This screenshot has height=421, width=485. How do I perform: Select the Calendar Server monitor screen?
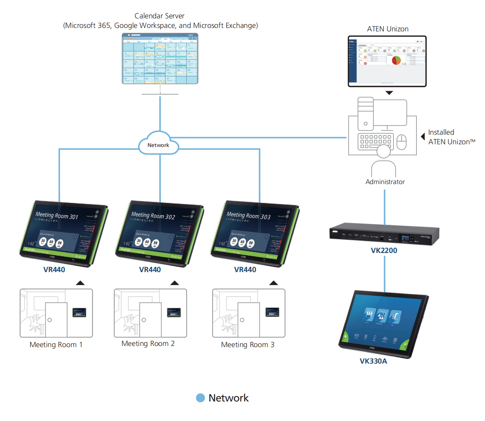click(x=160, y=59)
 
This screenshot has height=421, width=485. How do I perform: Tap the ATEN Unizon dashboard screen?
click(x=387, y=61)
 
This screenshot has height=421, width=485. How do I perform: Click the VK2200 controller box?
click(x=384, y=233)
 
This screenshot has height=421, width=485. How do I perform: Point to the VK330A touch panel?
click(x=383, y=325)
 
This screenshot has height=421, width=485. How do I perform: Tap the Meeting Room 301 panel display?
click(x=64, y=233)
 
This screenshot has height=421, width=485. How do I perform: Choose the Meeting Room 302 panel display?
click(x=159, y=233)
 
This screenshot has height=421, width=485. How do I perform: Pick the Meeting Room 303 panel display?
click(x=255, y=233)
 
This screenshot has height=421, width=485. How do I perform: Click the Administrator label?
click(x=385, y=182)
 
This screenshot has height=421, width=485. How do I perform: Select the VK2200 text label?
click(x=384, y=250)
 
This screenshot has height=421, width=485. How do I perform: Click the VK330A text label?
click(x=373, y=361)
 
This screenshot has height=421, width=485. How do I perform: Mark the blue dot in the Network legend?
click(x=200, y=398)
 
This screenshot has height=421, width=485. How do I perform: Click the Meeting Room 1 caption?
click(x=56, y=344)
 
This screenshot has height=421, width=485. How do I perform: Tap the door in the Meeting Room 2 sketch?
click(x=150, y=320)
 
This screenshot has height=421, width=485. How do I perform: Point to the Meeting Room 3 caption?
click(x=247, y=344)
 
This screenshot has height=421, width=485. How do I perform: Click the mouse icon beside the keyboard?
click(x=401, y=142)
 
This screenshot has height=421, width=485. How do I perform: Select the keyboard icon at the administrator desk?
click(x=375, y=141)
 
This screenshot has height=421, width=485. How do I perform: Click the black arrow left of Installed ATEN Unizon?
click(x=423, y=137)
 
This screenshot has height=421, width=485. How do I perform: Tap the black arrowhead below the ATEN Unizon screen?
click(x=389, y=93)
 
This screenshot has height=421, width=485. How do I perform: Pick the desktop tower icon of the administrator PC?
click(x=365, y=114)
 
